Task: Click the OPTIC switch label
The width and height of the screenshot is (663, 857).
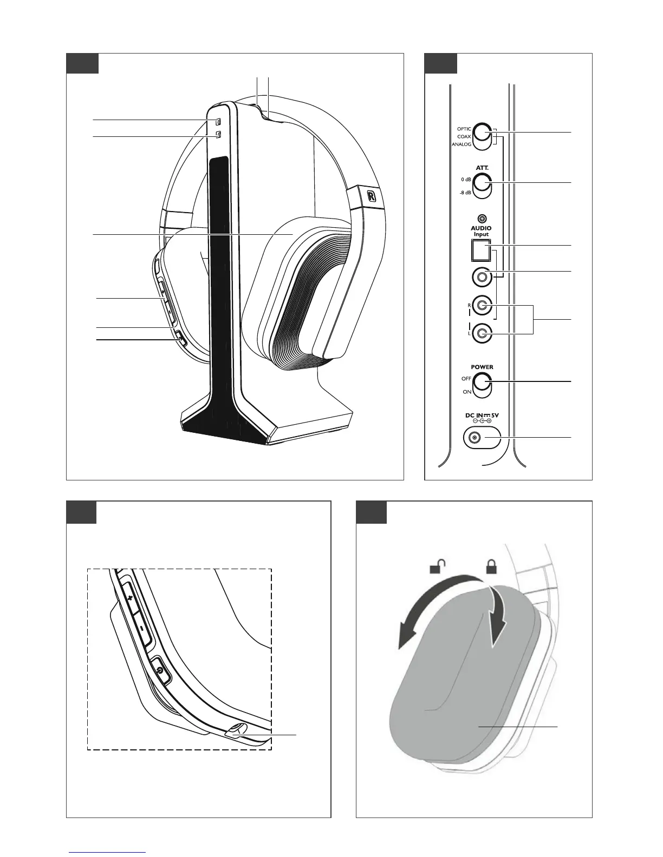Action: (x=464, y=129)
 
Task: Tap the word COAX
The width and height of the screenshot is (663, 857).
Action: (x=464, y=137)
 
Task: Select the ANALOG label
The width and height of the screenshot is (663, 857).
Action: (x=461, y=144)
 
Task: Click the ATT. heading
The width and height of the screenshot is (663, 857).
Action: (x=482, y=168)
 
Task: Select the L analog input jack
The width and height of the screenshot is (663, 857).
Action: (x=482, y=333)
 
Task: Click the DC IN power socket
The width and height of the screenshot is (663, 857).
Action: (x=475, y=438)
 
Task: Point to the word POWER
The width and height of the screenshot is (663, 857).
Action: (x=482, y=367)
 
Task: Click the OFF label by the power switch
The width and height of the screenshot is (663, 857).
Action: (x=466, y=379)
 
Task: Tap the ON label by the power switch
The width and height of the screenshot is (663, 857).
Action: (x=467, y=392)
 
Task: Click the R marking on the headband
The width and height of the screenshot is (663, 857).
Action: (x=372, y=196)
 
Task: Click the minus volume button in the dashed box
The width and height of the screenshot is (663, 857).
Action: (x=140, y=629)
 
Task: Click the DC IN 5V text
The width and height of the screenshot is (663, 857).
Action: (x=482, y=415)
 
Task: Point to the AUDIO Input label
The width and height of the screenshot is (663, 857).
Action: (x=480, y=231)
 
